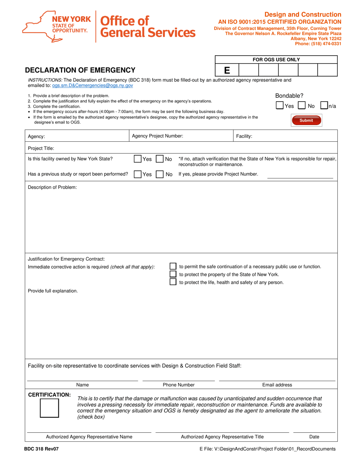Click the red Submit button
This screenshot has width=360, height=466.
(x=306, y=120)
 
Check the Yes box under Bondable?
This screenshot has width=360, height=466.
(x=280, y=106)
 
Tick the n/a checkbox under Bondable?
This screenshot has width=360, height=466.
(x=324, y=106)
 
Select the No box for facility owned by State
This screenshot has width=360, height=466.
(x=160, y=159)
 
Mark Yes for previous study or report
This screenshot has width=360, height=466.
(x=138, y=174)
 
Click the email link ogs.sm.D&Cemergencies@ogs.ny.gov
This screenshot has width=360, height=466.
(x=92, y=86)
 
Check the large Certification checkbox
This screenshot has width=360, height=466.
(x=49, y=408)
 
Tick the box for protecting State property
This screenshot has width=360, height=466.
(x=173, y=274)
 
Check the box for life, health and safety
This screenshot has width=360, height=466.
(x=173, y=282)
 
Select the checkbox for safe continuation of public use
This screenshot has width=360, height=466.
(x=173, y=266)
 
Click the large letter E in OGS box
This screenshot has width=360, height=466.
(x=227, y=70)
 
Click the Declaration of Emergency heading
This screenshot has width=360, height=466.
(x=80, y=70)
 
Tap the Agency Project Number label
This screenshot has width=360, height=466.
(x=157, y=136)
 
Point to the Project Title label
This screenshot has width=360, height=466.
(x=41, y=148)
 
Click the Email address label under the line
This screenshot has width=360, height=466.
(x=277, y=385)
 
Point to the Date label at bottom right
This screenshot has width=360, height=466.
(x=314, y=437)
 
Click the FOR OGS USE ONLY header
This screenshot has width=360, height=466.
(x=276, y=59)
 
